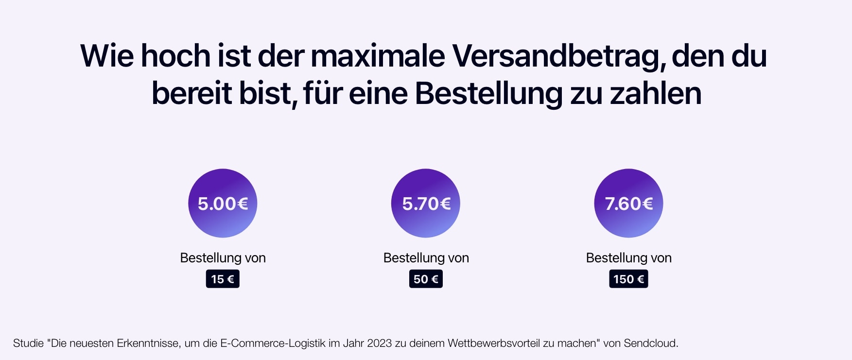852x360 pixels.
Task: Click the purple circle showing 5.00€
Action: click(x=223, y=203)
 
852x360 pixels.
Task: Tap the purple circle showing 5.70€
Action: click(x=426, y=203)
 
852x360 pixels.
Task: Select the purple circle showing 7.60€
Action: click(x=628, y=203)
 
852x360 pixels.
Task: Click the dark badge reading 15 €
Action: click(x=223, y=279)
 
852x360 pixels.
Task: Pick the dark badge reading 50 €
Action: click(x=426, y=279)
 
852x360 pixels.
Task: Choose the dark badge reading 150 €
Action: click(x=628, y=279)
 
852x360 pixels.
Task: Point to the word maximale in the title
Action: click(x=378, y=56)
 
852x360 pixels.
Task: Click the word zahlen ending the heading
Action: click(x=656, y=93)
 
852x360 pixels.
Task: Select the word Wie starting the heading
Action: click(x=106, y=56)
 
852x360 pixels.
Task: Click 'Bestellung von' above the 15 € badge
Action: click(x=223, y=258)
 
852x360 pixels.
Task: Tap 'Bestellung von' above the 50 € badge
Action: click(x=426, y=258)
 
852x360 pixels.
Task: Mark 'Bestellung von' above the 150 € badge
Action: click(x=628, y=258)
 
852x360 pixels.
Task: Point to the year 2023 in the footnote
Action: click(x=379, y=343)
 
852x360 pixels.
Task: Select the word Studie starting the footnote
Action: click(x=28, y=343)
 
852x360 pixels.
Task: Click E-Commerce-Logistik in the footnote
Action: click(x=273, y=343)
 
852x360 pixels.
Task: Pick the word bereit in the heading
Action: click(x=191, y=93)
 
